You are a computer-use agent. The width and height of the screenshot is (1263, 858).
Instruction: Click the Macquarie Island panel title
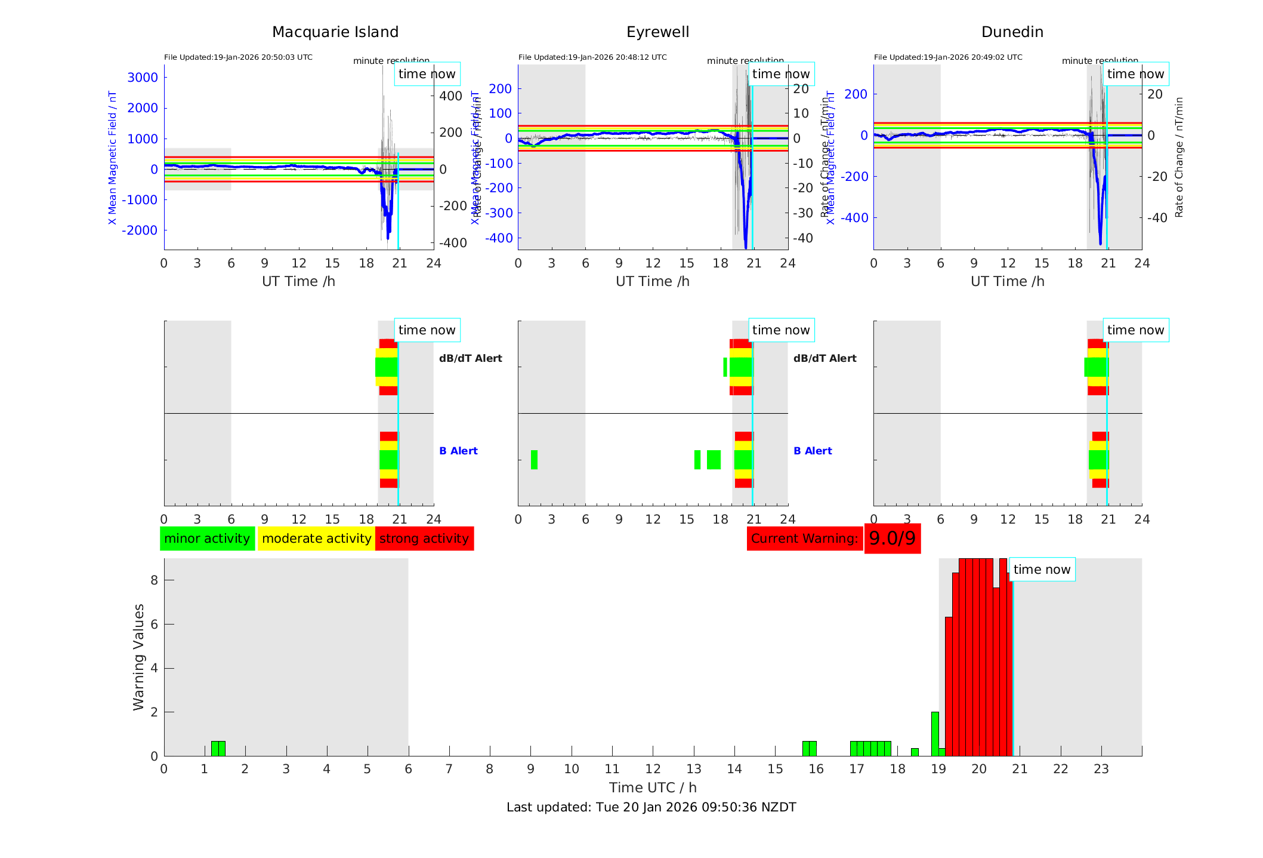[335, 32]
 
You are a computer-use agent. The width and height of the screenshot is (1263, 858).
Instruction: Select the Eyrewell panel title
[657, 32]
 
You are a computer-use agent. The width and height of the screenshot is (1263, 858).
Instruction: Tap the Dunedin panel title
[1012, 32]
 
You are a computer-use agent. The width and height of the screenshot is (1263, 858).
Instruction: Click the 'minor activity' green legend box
[207, 539]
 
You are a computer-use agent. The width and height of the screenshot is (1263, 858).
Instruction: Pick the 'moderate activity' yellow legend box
[316, 539]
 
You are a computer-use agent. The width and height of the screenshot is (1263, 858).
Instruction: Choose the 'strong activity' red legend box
[424, 539]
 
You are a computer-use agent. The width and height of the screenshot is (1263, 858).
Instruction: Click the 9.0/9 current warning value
[892, 539]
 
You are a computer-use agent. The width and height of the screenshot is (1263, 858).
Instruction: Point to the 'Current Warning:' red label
[804, 539]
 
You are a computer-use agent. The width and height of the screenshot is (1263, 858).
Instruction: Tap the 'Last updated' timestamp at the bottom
[651, 807]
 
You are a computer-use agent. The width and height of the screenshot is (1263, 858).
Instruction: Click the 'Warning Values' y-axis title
[139, 657]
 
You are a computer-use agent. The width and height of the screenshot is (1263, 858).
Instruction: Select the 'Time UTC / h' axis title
[653, 788]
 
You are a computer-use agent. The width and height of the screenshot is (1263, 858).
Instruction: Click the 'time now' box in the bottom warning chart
[1042, 570]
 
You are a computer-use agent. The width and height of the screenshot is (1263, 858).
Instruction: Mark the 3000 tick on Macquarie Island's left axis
[143, 77]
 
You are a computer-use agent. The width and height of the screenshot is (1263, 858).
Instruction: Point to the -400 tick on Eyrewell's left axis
[499, 238]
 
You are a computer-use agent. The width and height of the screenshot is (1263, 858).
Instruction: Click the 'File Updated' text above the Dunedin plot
[948, 57]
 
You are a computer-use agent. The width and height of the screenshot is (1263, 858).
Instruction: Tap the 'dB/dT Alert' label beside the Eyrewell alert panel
[824, 358]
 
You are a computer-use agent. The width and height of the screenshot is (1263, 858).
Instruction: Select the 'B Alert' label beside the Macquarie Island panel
[458, 451]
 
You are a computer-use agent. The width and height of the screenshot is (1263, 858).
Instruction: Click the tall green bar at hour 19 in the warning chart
[935, 733]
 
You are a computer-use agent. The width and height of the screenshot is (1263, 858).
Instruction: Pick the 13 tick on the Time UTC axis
[694, 769]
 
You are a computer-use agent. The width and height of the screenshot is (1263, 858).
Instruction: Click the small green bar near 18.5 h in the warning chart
[915, 752]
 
